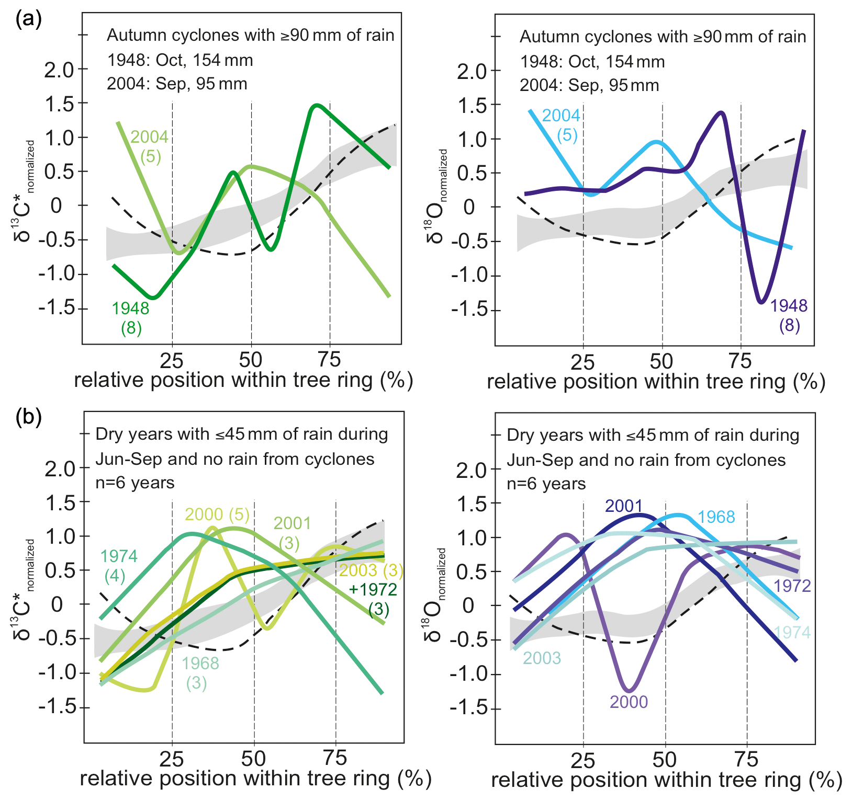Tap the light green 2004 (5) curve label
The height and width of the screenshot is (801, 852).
click(x=150, y=146)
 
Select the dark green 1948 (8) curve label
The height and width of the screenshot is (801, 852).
click(x=131, y=318)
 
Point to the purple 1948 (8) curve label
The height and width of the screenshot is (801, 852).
click(x=789, y=315)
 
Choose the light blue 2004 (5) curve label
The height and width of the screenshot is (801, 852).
click(x=562, y=125)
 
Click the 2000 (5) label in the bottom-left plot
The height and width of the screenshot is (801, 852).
click(x=217, y=514)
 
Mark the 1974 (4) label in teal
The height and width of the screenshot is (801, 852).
click(x=118, y=566)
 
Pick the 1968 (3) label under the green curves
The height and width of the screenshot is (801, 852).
click(x=200, y=673)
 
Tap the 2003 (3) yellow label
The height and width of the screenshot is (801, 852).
click(x=371, y=570)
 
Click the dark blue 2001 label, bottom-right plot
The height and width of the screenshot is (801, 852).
click(x=623, y=506)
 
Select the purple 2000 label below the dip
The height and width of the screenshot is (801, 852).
click(x=629, y=702)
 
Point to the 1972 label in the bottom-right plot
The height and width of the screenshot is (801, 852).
click(x=792, y=586)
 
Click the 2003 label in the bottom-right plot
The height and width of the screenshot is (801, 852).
click(x=542, y=658)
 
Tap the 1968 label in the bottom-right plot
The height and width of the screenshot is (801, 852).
click(x=716, y=517)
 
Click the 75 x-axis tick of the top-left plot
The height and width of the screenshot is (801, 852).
click(x=329, y=360)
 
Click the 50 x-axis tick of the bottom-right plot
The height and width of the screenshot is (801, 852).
click(x=665, y=760)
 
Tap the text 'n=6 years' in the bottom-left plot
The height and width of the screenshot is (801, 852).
click(x=135, y=482)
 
